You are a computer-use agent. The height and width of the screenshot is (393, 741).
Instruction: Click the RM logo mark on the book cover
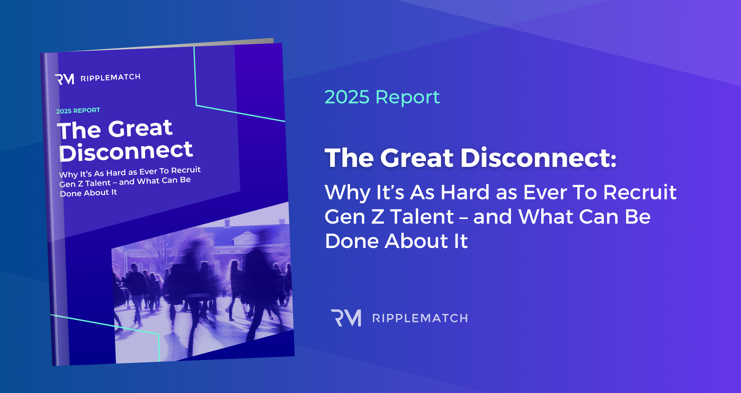[x=65, y=79]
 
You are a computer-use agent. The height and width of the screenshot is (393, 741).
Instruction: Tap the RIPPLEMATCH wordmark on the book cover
[x=110, y=77]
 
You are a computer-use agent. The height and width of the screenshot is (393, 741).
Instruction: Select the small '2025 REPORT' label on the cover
[x=78, y=110]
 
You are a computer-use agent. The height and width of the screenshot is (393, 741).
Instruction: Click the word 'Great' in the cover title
[x=140, y=128]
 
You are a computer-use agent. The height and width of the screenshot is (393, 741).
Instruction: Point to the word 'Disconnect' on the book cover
[x=126, y=151]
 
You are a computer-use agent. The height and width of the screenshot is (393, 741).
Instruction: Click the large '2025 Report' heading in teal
[x=382, y=97]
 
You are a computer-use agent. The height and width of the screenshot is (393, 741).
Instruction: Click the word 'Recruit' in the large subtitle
[x=640, y=192]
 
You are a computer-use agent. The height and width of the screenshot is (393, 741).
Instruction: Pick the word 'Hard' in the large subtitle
[x=465, y=192]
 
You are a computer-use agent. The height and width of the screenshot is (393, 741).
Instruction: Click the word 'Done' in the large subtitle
[x=352, y=241]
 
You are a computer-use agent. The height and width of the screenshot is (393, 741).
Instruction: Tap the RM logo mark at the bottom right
[x=346, y=318]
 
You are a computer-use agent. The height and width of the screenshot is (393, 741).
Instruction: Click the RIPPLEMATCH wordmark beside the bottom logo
[x=420, y=318]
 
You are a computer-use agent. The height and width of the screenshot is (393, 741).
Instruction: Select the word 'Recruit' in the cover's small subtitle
[x=186, y=170]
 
